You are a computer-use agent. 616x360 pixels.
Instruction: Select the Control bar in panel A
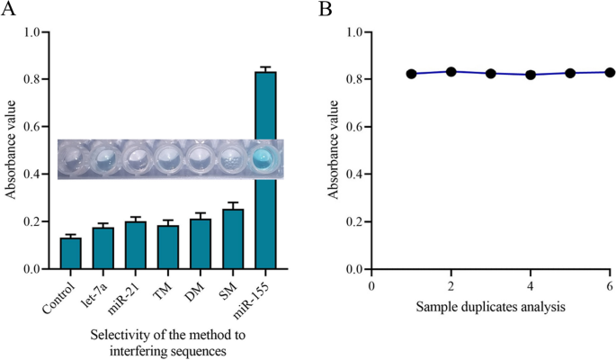tap(71, 253)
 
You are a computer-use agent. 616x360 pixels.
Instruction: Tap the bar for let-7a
tap(103, 248)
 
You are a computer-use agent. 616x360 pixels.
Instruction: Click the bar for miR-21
tap(136, 245)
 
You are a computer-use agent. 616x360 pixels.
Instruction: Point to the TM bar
tap(168, 247)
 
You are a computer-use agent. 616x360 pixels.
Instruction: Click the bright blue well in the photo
tap(265, 159)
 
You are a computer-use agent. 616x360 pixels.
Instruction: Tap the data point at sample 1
tap(411, 74)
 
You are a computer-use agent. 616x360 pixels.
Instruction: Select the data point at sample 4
tap(531, 75)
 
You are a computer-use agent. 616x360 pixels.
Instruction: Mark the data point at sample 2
tap(451, 72)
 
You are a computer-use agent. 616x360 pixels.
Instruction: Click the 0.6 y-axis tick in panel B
tap(353, 127)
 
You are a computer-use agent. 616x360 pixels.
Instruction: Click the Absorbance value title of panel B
tap(330, 150)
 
